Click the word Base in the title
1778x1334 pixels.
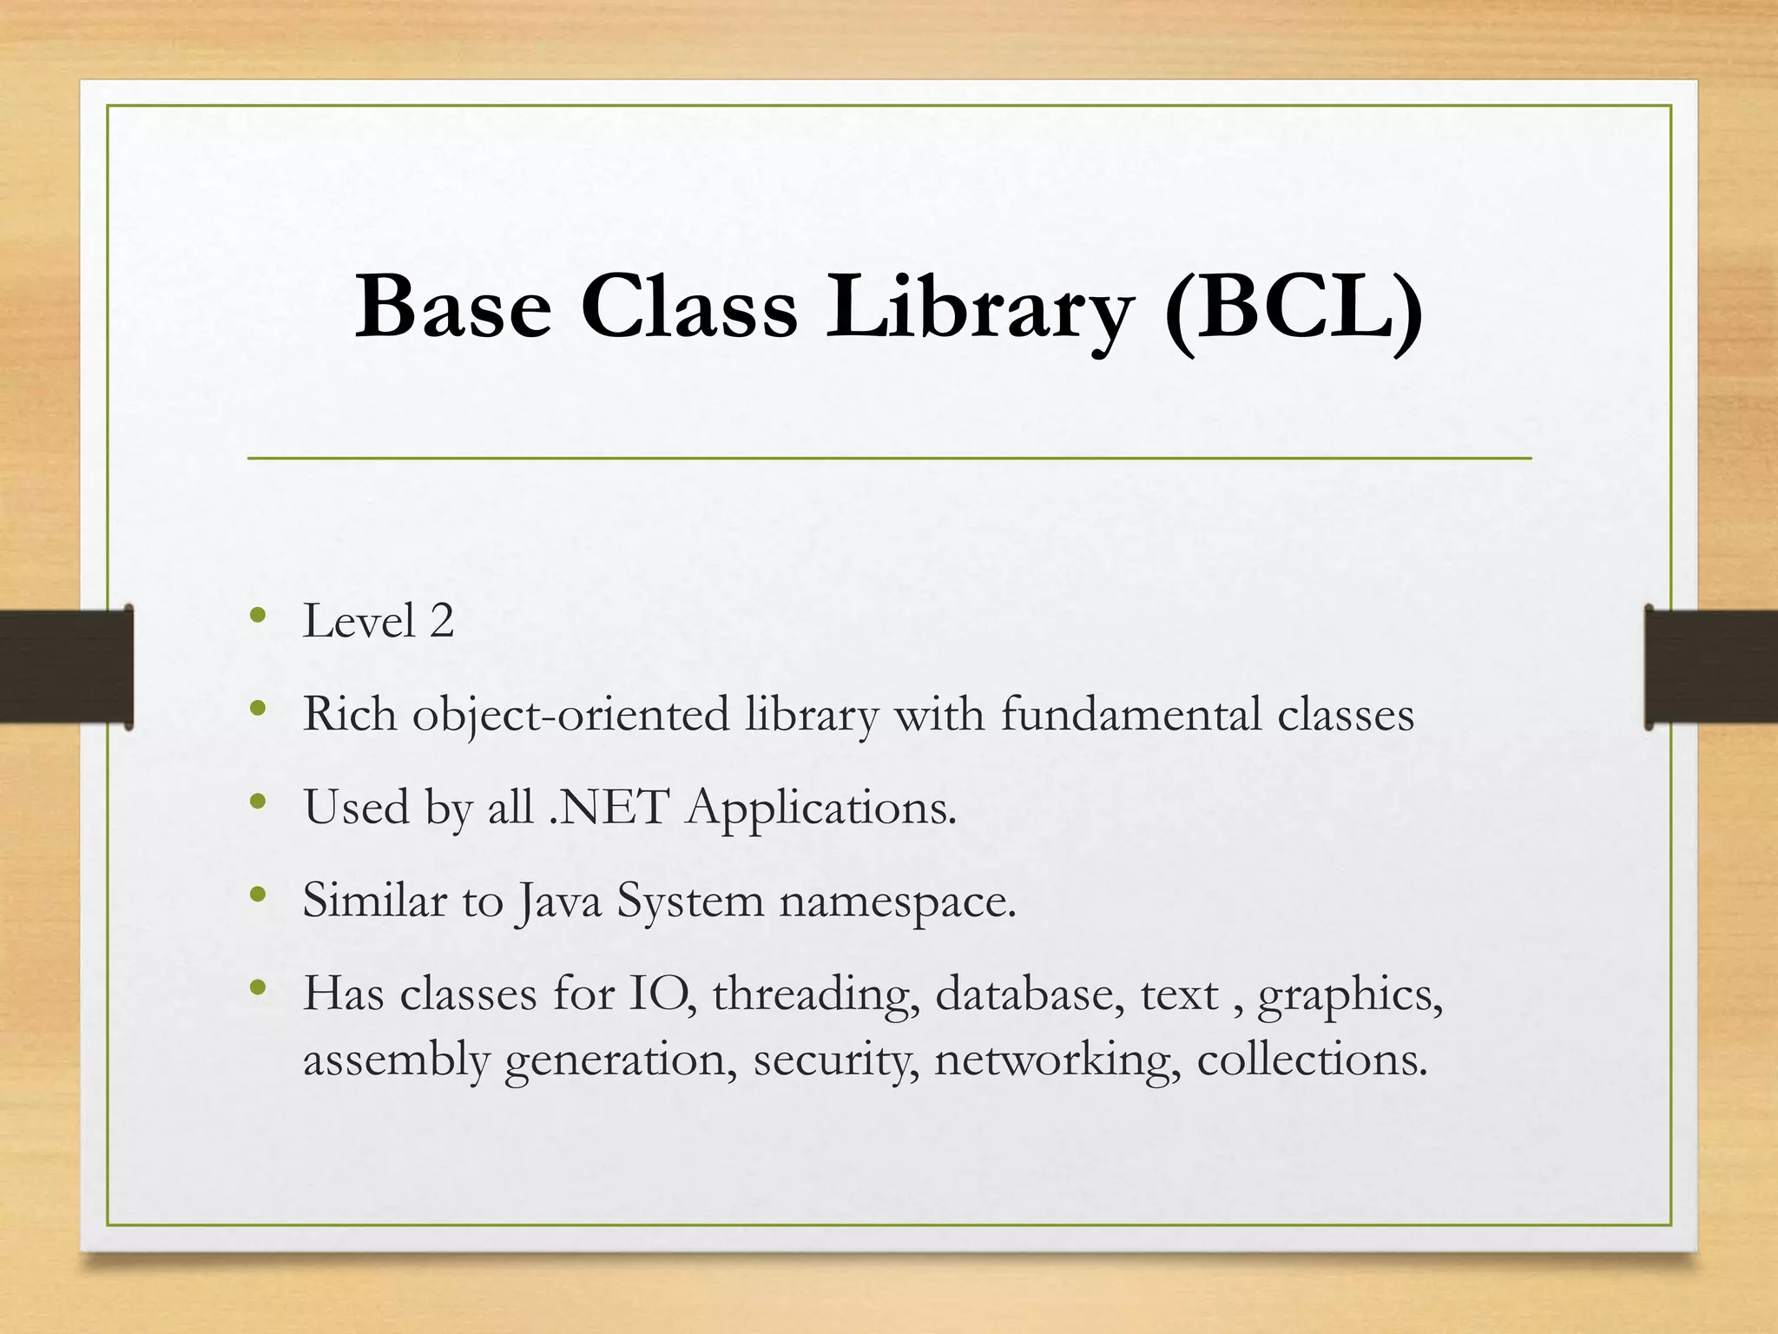coord(452,307)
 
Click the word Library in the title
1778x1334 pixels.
coord(978,307)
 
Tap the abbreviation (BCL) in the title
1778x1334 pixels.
coord(1293,307)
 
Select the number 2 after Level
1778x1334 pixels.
coord(441,622)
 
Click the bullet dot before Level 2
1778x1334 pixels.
coord(257,616)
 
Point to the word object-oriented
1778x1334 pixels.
coord(570,716)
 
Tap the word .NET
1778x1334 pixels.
coord(609,808)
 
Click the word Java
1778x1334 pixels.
coord(558,901)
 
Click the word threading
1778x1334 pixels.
coord(815,995)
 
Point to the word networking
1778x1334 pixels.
coord(1057,1060)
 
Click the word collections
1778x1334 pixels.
coord(1311,1060)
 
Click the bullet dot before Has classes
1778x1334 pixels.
coord(257,987)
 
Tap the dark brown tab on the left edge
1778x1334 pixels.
coord(66,666)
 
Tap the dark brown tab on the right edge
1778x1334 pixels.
coord(1710,666)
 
